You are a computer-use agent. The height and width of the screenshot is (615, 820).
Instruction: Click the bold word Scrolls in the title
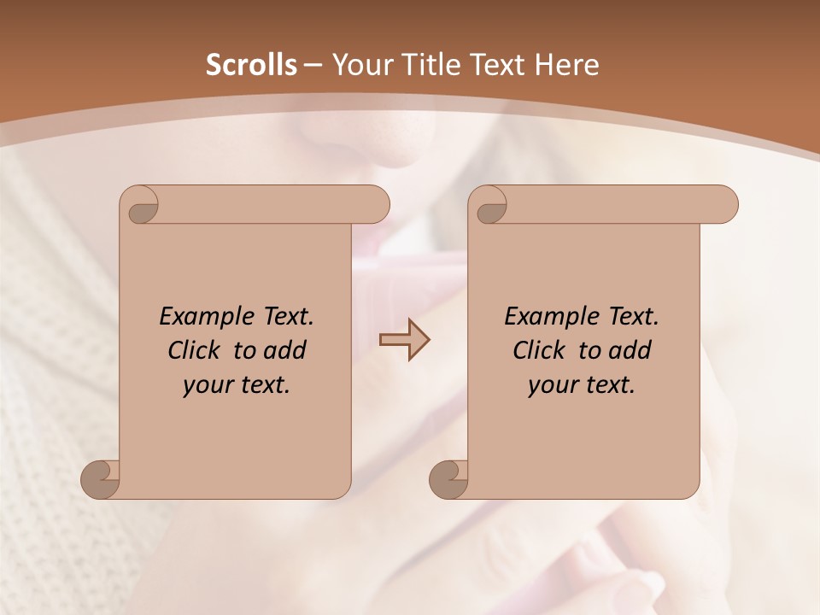[252, 65]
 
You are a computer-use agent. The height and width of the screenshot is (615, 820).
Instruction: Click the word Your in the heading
[362, 65]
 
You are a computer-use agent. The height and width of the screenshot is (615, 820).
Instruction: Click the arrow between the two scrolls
[404, 339]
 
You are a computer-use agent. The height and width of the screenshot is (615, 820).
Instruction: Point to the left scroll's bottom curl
[101, 478]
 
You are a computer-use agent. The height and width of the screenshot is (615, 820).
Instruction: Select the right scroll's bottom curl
[448, 478]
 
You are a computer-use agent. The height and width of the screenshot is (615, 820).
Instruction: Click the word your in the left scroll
[208, 385]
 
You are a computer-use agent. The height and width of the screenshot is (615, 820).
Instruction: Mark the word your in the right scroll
[553, 385]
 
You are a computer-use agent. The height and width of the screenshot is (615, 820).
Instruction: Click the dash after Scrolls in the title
[313, 66]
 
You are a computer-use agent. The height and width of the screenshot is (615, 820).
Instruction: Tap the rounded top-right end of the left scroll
[376, 205]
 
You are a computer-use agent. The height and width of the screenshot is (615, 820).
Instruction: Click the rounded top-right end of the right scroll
[724, 205]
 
